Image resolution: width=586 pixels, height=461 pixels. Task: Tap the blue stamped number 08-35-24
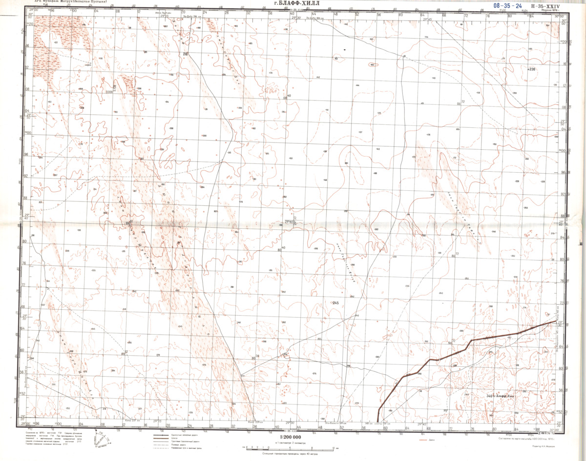(x=507, y=6)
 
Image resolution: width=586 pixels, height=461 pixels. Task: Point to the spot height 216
(x=185, y=54)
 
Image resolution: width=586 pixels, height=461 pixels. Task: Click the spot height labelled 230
(x=532, y=70)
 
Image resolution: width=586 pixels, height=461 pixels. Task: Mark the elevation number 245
(x=335, y=303)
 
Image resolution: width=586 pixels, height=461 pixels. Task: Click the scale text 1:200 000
(x=293, y=437)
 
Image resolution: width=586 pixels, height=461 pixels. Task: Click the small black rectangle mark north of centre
(x=345, y=50)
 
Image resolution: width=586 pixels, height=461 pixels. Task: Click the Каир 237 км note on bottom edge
(x=132, y=421)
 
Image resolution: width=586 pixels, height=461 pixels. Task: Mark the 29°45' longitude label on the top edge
(x=428, y=19)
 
